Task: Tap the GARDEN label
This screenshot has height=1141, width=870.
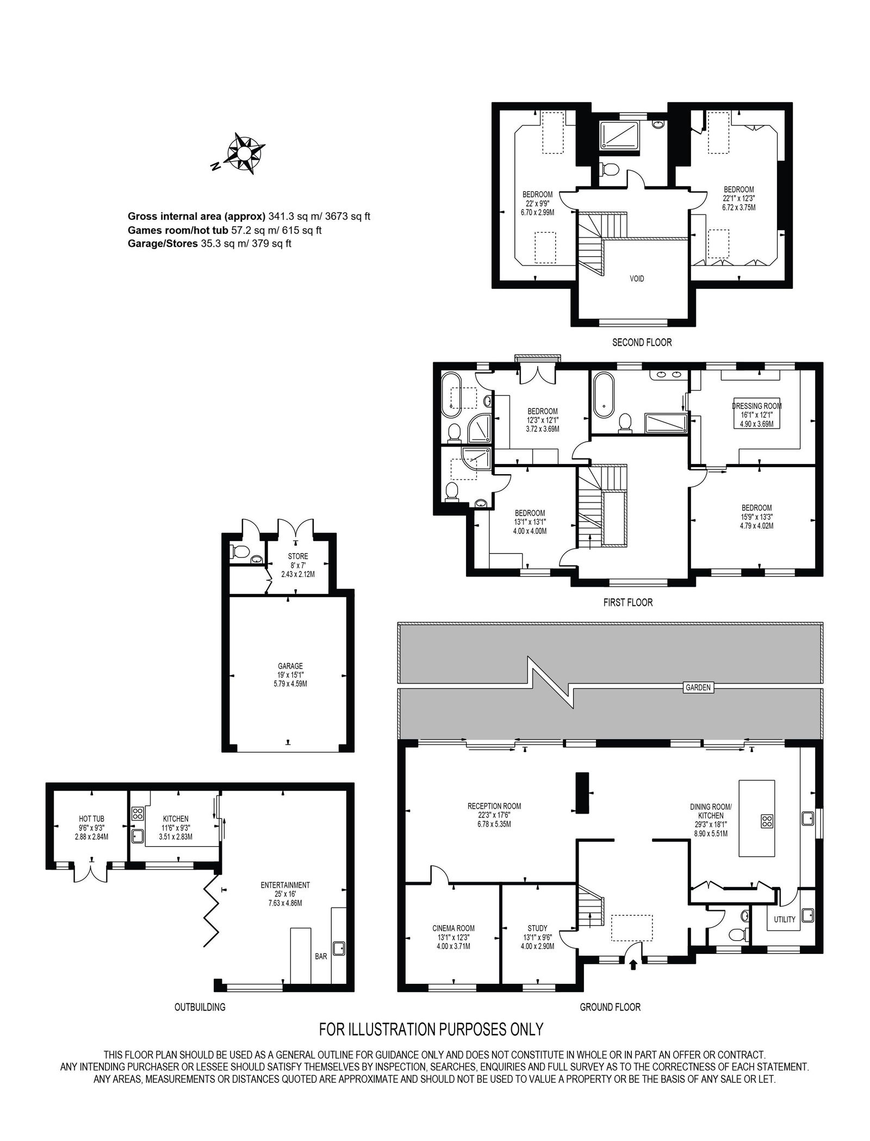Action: (698, 687)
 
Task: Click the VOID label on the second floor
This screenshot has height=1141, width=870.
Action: (637, 278)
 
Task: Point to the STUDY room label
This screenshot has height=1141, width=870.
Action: (537, 928)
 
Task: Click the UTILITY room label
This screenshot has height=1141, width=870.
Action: (784, 919)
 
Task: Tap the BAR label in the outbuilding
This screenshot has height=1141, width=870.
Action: (321, 956)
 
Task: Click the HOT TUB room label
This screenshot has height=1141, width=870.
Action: (91, 818)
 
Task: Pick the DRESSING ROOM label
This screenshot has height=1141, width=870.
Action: (756, 406)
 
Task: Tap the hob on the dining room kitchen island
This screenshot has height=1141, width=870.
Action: (767, 821)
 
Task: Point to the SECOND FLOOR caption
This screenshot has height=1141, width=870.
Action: (642, 342)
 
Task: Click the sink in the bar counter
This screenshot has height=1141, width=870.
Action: (339, 948)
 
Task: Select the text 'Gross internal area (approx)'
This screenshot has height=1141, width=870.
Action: (197, 216)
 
